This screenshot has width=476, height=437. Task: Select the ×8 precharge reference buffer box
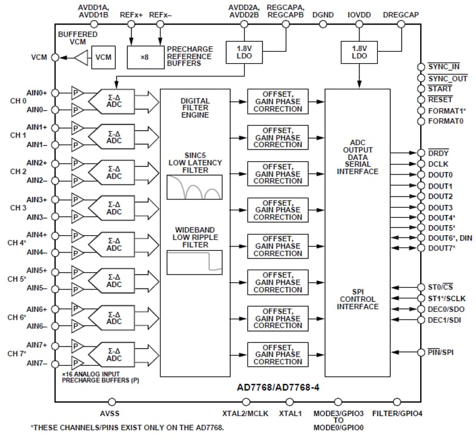coord(144,57)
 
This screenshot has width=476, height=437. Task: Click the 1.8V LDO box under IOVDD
coord(359,52)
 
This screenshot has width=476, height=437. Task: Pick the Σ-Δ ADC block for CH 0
coord(114,101)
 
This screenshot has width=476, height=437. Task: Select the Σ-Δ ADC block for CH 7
coord(114,354)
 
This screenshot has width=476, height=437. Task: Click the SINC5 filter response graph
coord(195,187)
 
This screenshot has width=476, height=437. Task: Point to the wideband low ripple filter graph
coord(195,262)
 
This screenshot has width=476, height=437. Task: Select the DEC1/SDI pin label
coord(445,320)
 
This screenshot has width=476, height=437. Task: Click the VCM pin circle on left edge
coord(55,58)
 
